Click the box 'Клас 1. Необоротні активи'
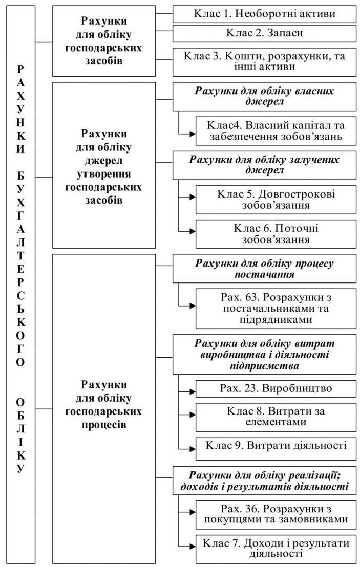[264, 14]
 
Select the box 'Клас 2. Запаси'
[264, 33]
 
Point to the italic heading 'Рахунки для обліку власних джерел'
[264, 96]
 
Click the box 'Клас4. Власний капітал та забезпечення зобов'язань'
[276, 131]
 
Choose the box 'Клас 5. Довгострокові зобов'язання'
[276, 200]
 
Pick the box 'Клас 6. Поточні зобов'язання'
[276, 234]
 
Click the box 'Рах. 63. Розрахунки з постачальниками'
[276, 309]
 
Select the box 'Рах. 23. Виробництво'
[276, 389]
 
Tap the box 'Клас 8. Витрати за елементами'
[276, 417]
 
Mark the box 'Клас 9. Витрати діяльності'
[276, 449]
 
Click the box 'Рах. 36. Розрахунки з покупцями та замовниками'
[276, 515]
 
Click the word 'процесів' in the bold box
[104, 424]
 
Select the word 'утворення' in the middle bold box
[104, 174]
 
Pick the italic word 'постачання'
[264, 274]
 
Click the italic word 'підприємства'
[264, 366]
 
